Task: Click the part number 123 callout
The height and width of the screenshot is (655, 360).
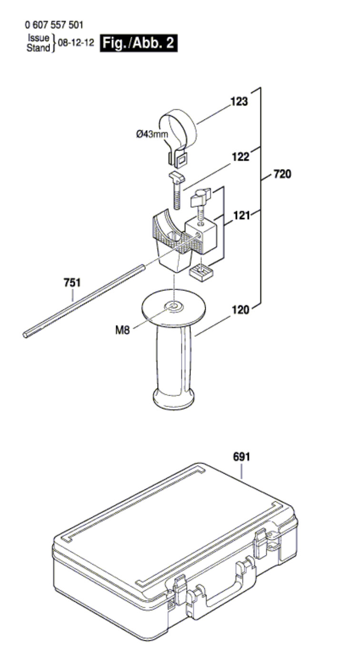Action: tap(239, 101)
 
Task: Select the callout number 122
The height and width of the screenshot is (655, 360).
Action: tap(240, 157)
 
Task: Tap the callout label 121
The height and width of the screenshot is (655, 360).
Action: tap(241, 216)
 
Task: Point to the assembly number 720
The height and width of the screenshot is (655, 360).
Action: tap(282, 174)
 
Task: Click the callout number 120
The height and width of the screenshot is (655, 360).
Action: tap(240, 310)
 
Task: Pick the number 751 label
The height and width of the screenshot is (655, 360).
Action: tap(72, 283)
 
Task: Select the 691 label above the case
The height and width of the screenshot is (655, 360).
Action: tap(241, 457)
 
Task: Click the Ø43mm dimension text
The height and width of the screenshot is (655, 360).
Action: tap(152, 134)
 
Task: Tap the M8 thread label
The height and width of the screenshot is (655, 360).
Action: tap(122, 330)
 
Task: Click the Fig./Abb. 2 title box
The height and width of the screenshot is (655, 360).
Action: tap(139, 43)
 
